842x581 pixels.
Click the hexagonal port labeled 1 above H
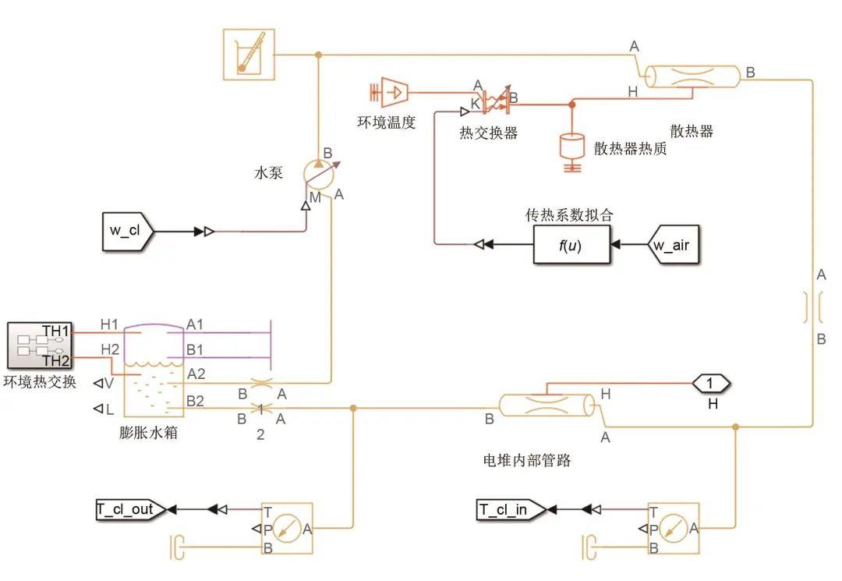(x=710, y=383)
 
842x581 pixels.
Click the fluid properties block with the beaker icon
(x=249, y=55)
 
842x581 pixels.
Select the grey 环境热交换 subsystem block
(x=39, y=344)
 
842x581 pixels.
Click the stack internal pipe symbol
(x=546, y=406)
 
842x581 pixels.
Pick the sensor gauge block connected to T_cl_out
(x=287, y=529)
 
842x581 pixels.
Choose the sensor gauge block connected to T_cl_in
(x=673, y=529)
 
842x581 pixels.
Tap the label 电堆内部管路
(x=527, y=460)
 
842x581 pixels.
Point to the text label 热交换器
(x=488, y=133)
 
